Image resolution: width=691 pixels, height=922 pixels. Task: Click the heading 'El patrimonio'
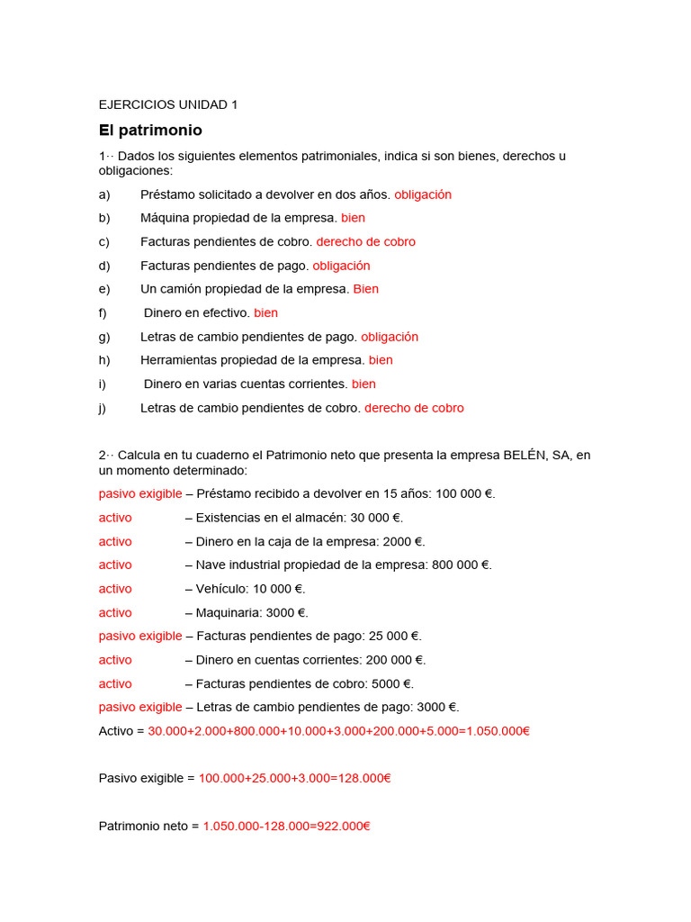click(150, 131)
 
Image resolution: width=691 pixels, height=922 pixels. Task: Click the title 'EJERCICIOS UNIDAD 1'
click(168, 104)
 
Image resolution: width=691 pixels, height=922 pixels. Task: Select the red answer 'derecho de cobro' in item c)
click(366, 242)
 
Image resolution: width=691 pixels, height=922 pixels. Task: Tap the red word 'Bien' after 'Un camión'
click(365, 289)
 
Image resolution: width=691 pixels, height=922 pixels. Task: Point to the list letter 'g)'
click(104, 337)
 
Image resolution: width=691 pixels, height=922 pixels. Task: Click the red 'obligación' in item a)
click(423, 194)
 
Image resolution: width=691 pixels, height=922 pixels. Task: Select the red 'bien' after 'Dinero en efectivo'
click(265, 313)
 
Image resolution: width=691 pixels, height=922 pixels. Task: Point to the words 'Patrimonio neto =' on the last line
click(148, 826)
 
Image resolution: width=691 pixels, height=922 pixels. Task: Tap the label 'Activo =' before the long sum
click(121, 731)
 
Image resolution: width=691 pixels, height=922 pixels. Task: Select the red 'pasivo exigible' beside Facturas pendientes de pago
click(140, 637)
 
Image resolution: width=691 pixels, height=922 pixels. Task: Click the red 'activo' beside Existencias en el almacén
click(115, 518)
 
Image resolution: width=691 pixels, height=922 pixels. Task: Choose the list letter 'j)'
click(103, 408)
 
